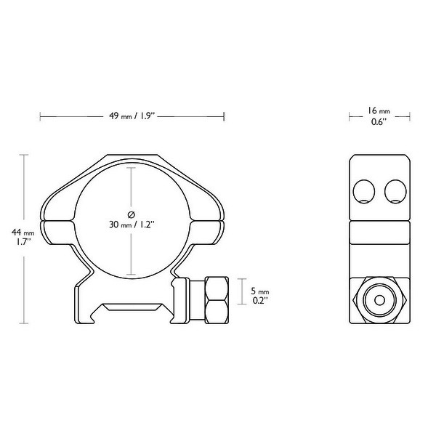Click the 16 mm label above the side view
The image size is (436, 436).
(x=378, y=110)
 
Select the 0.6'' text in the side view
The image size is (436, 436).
(x=378, y=123)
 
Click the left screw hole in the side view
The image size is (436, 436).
(x=363, y=191)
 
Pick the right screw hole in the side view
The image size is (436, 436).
(x=394, y=191)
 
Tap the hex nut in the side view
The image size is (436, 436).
(x=378, y=299)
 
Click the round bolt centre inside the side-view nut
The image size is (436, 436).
(x=378, y=299)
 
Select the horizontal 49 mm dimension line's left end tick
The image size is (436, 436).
(x=41, y=114)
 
